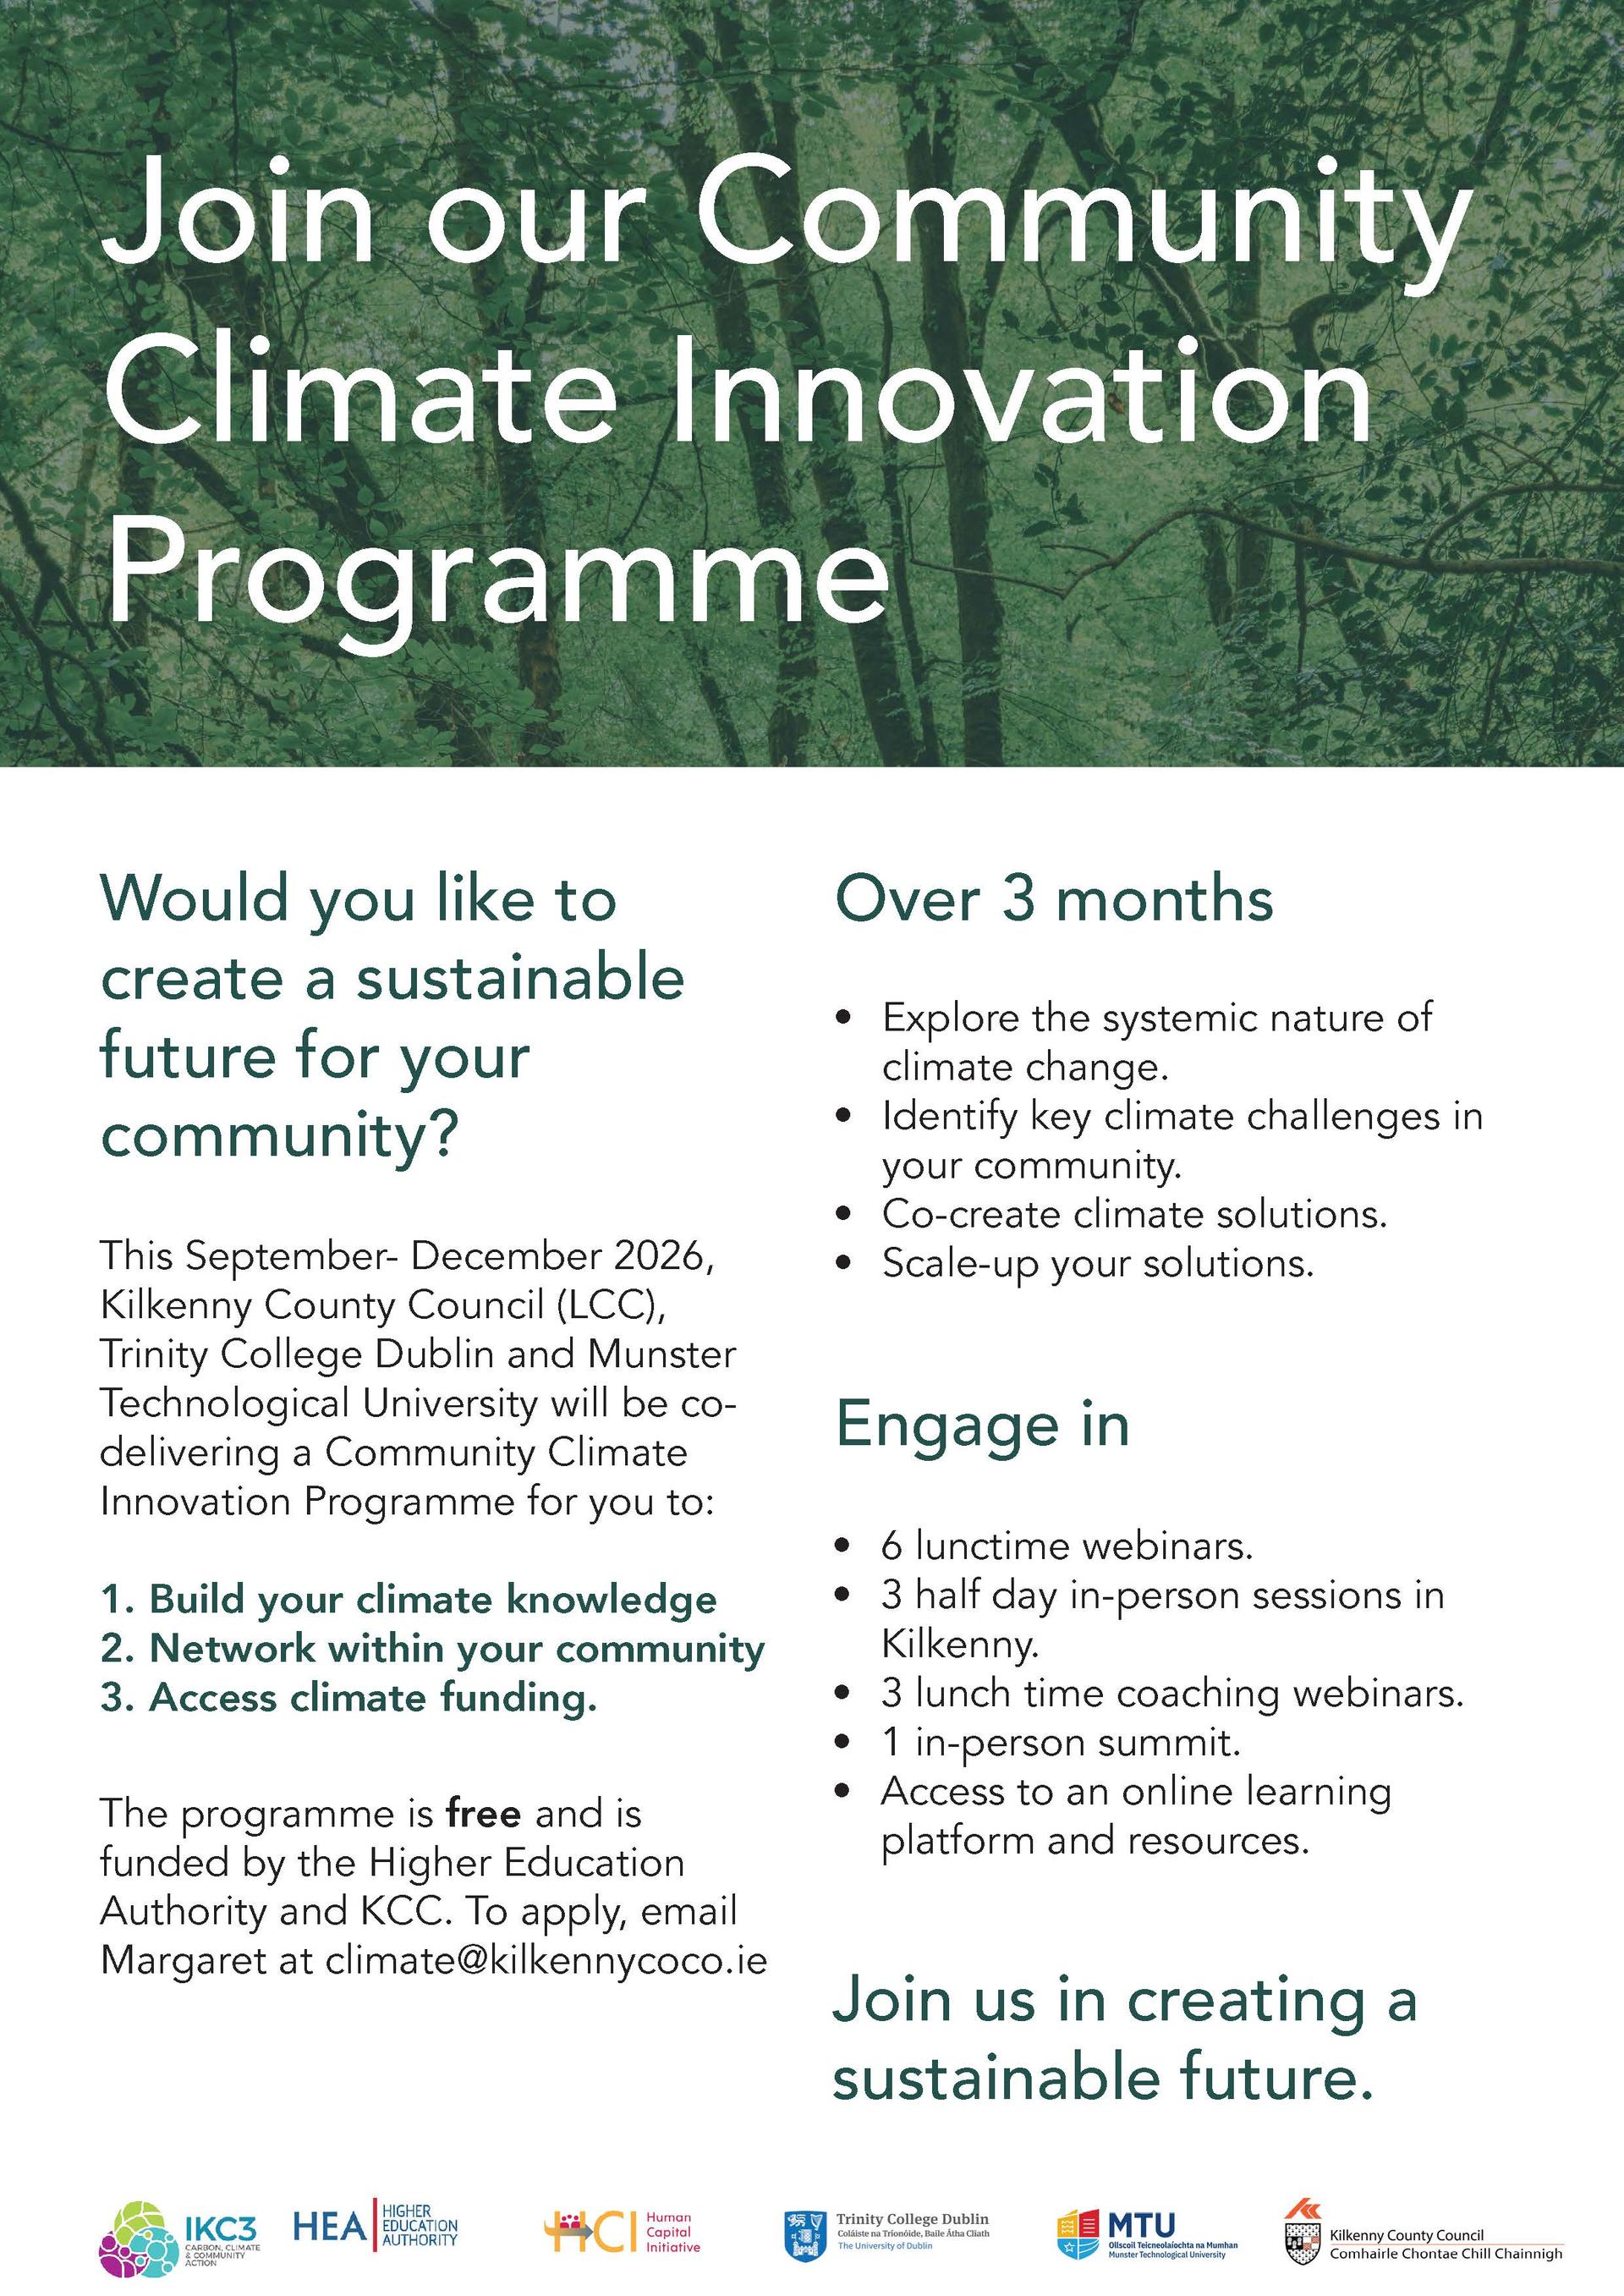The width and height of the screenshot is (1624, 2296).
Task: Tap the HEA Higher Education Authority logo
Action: pyautogui.click(x=375, y=2225)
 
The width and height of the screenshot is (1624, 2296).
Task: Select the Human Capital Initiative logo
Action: pyautogui.click(x=622, y=2232)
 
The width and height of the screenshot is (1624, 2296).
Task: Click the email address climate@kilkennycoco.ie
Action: pyautogui.click(x=546, y=1960)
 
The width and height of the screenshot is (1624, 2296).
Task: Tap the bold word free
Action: pyautogui.click(x=484, y=1813)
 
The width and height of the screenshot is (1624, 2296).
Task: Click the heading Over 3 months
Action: pyautogui.click(x=1054, y=899)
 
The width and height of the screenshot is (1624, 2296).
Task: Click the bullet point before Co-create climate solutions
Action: pyautogui.click(x=845, y=1215)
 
